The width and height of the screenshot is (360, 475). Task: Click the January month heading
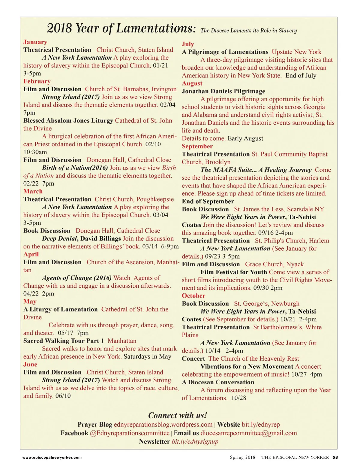35,42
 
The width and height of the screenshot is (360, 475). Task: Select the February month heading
37,81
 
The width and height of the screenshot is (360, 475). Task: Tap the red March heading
33,192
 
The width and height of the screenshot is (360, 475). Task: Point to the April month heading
31,254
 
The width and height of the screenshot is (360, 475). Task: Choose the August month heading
192,83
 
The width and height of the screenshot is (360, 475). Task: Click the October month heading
193,296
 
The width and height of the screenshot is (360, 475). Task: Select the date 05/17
65,333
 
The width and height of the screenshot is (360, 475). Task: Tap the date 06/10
63,396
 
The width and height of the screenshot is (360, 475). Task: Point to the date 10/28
239,398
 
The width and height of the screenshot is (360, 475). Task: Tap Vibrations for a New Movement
247,367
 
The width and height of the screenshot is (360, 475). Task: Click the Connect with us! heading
178,416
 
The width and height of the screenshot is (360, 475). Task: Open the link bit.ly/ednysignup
195,442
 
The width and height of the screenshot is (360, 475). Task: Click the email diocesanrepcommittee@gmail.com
249,433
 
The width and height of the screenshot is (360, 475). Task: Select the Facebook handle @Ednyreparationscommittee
130,433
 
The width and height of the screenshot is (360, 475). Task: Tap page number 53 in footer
335,458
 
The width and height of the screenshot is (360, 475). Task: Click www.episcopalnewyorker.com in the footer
52,458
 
